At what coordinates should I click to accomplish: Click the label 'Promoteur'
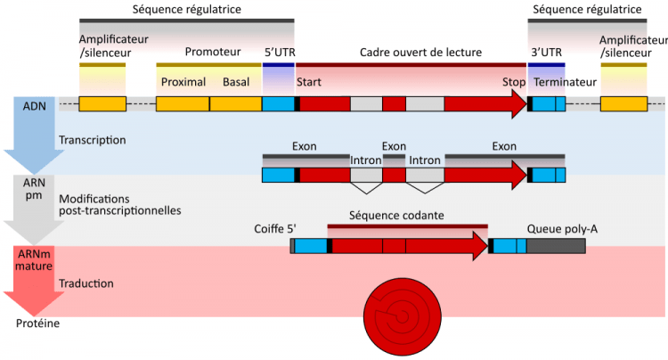pos(213,52)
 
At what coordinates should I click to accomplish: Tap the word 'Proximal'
pos(183,82)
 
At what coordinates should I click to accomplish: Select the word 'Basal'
pos(236,82)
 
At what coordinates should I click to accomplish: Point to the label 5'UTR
pos(280,53)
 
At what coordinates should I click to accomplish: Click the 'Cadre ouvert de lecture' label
pos(420,53)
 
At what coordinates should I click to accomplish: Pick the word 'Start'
pos(309,82)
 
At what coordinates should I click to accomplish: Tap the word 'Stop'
pos(514,82)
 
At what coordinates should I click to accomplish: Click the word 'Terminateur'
pos(565,82)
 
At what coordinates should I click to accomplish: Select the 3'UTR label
pos(546,53)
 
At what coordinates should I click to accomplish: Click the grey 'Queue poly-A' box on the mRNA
pos(556,246)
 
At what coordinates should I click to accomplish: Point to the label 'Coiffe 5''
pos(275,229)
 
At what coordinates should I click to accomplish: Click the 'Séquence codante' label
pos(396,216)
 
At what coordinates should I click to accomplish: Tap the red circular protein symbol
pos(403,316)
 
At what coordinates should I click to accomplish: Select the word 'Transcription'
pos(93,140)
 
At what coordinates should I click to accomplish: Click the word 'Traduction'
pos(86,283)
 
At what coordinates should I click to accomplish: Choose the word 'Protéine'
pos(38,323)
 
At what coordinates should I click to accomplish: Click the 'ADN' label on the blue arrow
pos(35,106)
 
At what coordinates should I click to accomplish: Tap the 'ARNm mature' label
pos(34,260)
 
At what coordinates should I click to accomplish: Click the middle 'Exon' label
pos(394,146)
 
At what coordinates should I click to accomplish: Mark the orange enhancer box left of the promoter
pos(102,104)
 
